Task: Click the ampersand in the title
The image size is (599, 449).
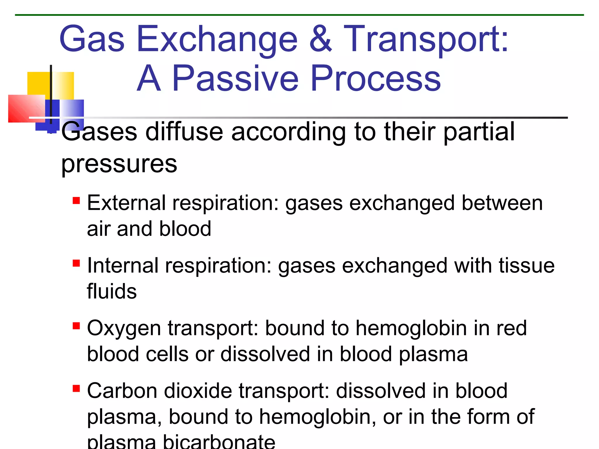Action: (x=321, y=39)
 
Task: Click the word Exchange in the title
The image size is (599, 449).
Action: (x=217, y=39)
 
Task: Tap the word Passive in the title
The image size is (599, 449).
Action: (x=235, y=78)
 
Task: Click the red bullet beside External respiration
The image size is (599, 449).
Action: (x=76, y=201)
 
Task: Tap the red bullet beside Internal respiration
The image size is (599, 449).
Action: (x=76, y=263)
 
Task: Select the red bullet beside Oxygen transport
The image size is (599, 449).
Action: (x=76, y=326)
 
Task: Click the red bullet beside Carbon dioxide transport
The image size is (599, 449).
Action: (x=76, y=388)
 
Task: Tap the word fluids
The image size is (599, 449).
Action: (x=112, y=291)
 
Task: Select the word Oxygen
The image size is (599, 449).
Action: (x=124, y=329)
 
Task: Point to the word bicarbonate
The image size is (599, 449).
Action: (x=219, y=442)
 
